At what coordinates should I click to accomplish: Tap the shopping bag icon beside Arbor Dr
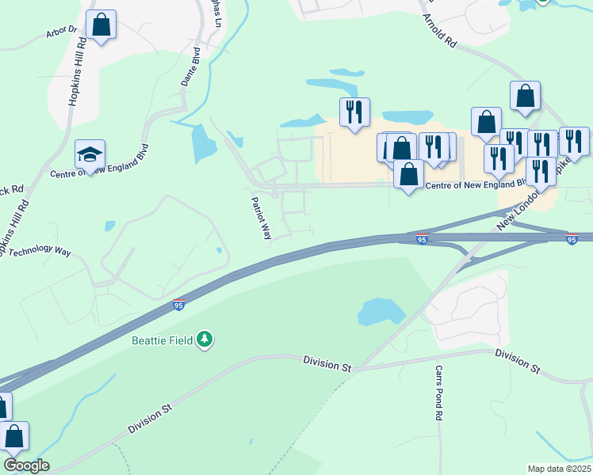click(x=101, y=25)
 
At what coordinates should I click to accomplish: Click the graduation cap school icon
click(x=90, y=154)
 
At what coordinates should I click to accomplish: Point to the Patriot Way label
click(x=262, y=217)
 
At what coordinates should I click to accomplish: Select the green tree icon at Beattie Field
click(x=205, y=339)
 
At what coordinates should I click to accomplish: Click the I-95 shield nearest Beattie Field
click(x=179, y=304)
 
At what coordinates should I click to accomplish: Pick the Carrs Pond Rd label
click(x=438, y=392)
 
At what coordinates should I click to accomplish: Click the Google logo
click(x=26, y=465)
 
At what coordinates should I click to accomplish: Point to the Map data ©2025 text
click(x=558, y=469)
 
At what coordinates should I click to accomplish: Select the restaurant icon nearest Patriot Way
click(x=354, y=112)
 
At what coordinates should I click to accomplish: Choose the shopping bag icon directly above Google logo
click(x=13, y=435)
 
